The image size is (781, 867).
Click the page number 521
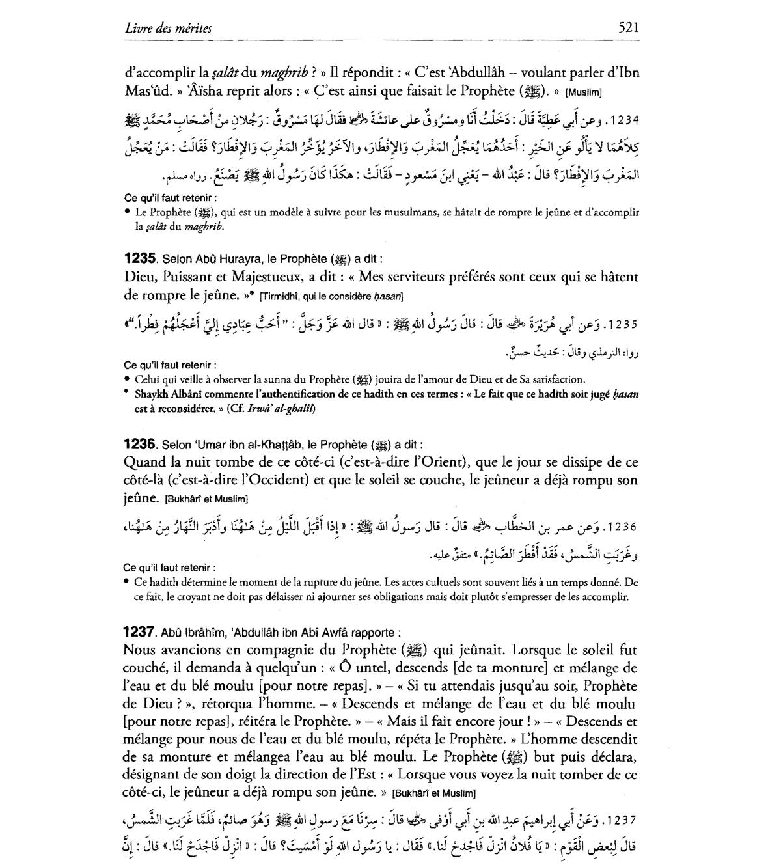pyautogui.click(x=629, y=28)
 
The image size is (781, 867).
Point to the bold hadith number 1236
pyautogui.click(x=139, y=445)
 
